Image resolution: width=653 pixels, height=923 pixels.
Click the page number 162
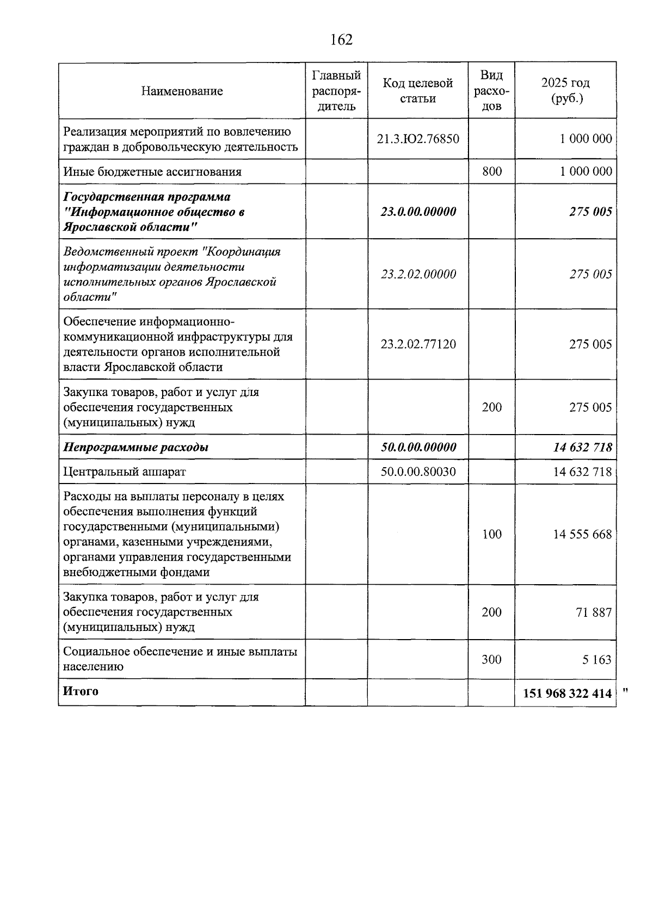pyautogui.click(x=341, y=40)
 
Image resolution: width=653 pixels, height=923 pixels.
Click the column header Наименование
pyautogui.click(x=182, y=91)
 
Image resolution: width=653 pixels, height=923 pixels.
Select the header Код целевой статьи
pyautogui.click(x=418, y=90)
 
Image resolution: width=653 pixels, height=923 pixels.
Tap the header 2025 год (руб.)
pyautogui.click(x=565, y=90)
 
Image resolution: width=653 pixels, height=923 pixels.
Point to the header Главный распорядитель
pyautogui.click(x=336, y=90)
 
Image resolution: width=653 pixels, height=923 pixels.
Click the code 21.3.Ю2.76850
pyautogui.click(x=418, y=139)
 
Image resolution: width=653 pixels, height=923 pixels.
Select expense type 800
pyautogui.click(x=492, y=171)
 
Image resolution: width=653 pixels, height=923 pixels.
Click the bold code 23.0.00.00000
pyautogui.click(x=418, y=212)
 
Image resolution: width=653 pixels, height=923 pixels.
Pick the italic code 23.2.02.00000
pyautogui.click(x=418, y=274)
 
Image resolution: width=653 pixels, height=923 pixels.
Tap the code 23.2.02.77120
pyautogui.click(x=418, y=344)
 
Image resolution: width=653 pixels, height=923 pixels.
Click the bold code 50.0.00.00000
pyautogui.click(x=418, y=447)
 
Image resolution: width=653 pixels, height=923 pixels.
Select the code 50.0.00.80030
pyautogui.click(x=418, y=472)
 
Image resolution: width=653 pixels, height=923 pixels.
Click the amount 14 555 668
pyautogui.click(x=582, y=534)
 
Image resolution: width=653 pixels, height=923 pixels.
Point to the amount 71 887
pyautogui.click(x=594, y=612)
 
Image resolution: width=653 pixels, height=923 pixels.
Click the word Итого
pyautogui.click(x=81, y=691)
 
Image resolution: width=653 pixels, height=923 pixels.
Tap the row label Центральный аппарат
pyautogui.click(x=124, y=472)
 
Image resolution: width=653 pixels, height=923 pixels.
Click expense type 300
pyautogui.click(x=492, y=660)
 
